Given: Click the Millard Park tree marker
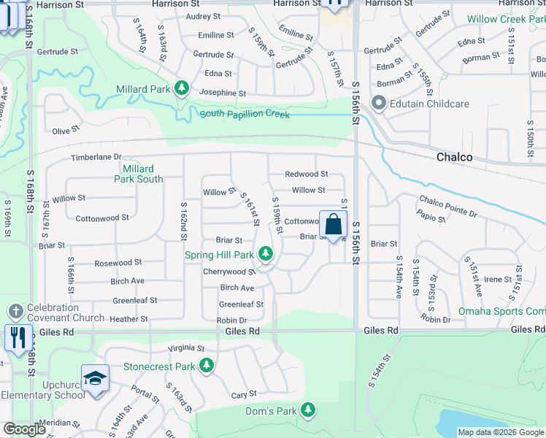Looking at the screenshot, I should [x=181, y=90].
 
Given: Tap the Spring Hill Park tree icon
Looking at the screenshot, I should [x=266, y=255].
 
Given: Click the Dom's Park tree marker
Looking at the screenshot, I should [x=309, y=411].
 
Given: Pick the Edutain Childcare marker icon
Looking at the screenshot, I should [x=379, y=104].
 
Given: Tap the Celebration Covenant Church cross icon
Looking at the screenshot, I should [x=16, y=312].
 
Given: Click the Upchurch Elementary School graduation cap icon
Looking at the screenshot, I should [x=95, y=378].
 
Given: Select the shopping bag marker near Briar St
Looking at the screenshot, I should [x=333, y=224].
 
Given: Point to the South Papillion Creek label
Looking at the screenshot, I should [x=245, y=115].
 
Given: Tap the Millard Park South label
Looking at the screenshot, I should [x=139, y=174].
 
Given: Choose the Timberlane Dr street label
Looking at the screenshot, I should [x=96, y=158].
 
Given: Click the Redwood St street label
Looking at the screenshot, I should [x=306, y=174].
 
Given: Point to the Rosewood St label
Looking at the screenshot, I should [x=118, y=263].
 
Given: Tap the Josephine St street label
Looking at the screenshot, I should [x=222, y=93].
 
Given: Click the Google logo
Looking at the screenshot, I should [x=25, y=429].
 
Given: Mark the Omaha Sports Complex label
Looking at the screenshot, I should [x=502, y=311].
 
